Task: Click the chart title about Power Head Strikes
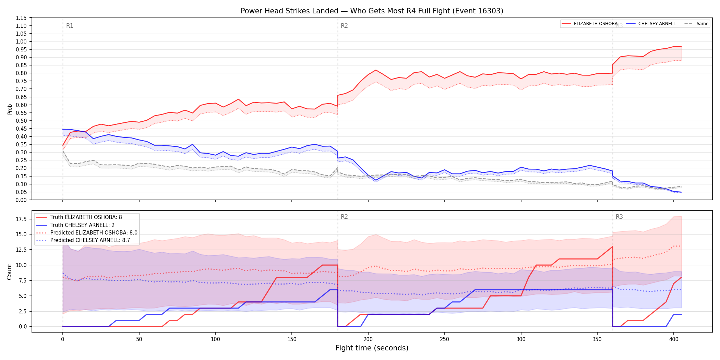pos(372,11)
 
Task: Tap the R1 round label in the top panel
pos(70,26)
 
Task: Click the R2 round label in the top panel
pos(344,26)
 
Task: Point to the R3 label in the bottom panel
pos(619,217)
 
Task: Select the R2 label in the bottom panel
pos(344,217)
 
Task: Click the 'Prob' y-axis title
pos(10,109)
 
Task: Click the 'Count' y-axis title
pos(9,272)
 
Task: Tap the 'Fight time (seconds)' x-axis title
pos(372,348)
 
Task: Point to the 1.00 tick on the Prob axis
pos(21,41)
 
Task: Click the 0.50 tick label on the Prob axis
pos(21,121)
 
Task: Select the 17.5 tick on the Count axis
pos(21,219)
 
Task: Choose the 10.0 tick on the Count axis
pos(21,265)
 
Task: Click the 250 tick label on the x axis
pos(444,339)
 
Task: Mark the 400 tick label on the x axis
pos(674,339)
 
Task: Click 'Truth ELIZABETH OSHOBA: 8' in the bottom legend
pos(86,217)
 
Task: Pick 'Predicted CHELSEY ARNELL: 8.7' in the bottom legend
pos(90,240)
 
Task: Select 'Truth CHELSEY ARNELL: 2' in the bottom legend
pos(82,225)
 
